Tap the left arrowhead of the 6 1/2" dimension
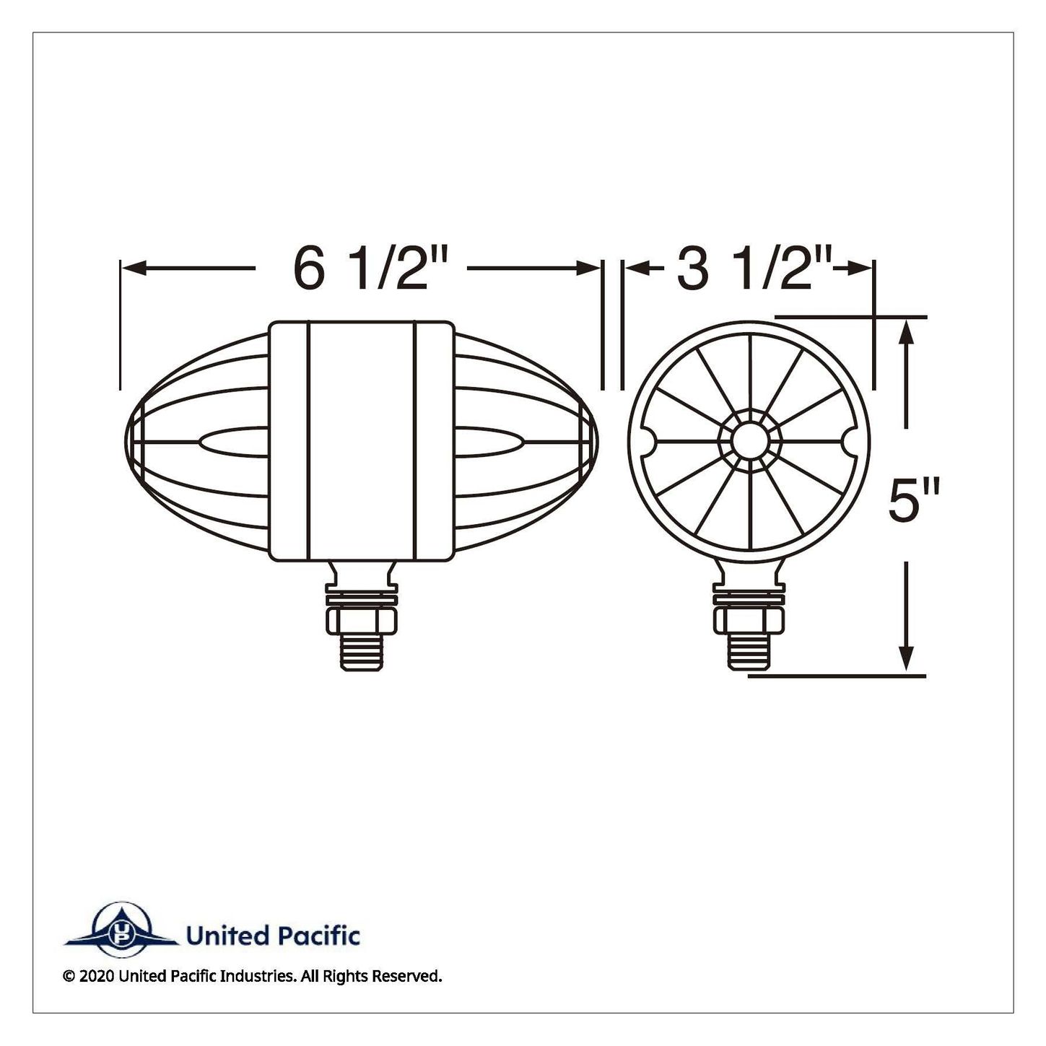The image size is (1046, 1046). pyautogui.click(x=134, y=268)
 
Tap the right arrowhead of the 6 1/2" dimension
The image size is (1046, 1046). pyautogui.click(x=588, y=268)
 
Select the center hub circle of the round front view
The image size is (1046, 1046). pyautogui.click(x=749, y=441)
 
